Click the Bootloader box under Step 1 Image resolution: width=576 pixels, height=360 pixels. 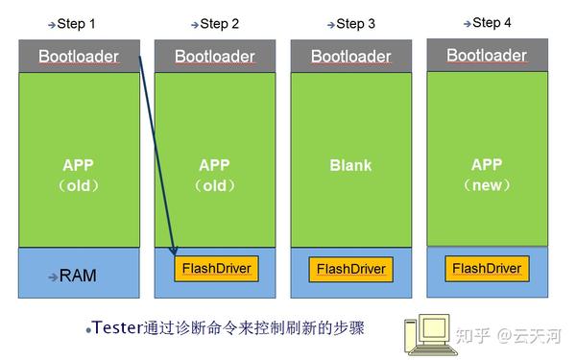(x=79, y=57)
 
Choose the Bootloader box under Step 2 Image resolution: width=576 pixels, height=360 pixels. (x=215, y=57)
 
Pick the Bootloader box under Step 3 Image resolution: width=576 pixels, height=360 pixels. (x=351, y=57)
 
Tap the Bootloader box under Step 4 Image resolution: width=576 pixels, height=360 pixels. (x=487, y=56)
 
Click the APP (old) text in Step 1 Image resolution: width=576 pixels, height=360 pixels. (x=80, y=175)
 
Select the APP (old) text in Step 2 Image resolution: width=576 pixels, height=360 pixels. (x=215, y=175)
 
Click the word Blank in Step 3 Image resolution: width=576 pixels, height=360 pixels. (x=351, y=165)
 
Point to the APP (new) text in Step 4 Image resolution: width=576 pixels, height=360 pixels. (x=488, y=174)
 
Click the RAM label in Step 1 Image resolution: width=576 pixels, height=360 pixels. (x=78, y=276)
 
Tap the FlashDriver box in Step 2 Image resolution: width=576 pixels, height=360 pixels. (x=216, y=268)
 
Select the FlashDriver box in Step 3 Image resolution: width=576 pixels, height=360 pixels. (x=351, y=270)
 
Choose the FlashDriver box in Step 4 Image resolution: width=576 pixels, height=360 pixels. (x=487, y=268)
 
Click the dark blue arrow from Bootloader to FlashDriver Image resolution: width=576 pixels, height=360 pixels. (x=157, y=158)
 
